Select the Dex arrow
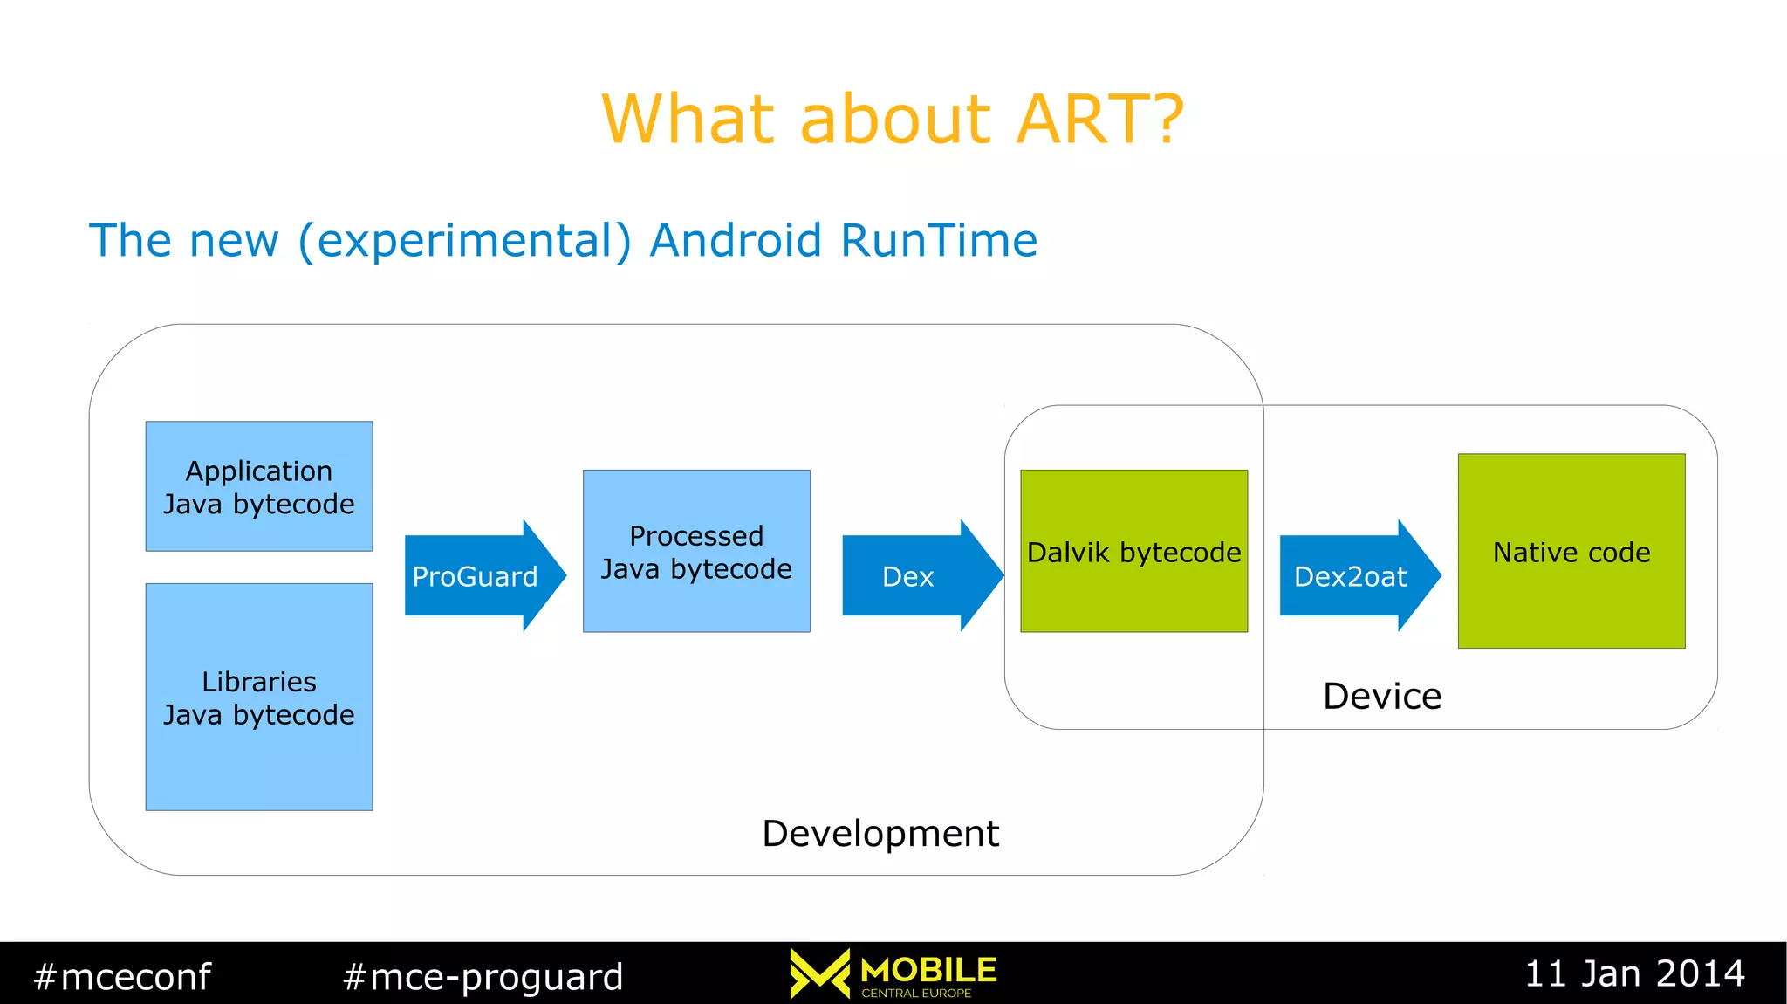[913, 576]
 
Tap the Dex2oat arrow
[1352, 576]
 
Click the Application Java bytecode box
[259, 486]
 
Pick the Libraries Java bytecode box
[259, 697]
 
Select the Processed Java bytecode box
[696, 551]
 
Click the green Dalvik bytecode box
[1133, 551]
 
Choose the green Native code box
[1571, 551]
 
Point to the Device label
[1381, 696]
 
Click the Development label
[880, 833]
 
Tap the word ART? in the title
[1100, 119]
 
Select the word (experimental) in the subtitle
[464, 241]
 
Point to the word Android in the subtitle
[736, 240]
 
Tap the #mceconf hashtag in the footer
[121, 976]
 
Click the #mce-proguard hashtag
[483, 976]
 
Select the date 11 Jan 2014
[1634, 973]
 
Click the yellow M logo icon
[819, 973]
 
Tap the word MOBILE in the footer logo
[928, 970]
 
